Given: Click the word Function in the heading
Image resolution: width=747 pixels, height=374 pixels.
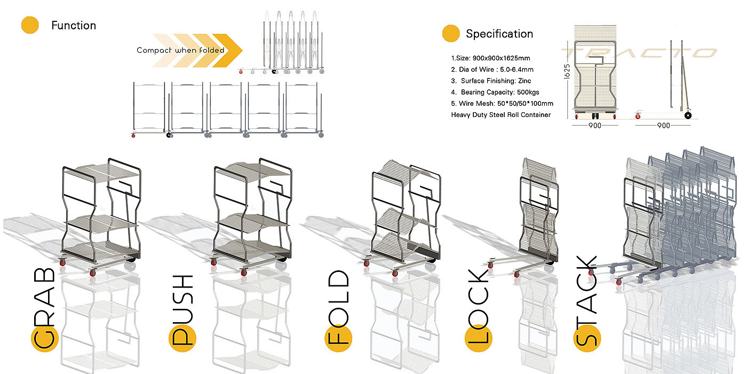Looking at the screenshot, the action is click(x=74, y=25).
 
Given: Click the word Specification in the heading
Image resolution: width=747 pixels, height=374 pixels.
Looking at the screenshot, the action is click(x=499, y=34).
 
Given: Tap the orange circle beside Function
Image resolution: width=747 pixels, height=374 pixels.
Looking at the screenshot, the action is click(x=30, y=25).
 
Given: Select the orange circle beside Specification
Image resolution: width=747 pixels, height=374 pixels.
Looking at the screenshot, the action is click(x=451, y=34).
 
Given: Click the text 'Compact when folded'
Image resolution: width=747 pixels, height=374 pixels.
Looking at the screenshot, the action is click(x=180, y=50).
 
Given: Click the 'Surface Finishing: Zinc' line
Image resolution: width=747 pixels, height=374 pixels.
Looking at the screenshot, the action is click(x=488, y=81).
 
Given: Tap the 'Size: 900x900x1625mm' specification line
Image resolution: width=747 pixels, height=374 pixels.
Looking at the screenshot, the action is click(x=490, y=58).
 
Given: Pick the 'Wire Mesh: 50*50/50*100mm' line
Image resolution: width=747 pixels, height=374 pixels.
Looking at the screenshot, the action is click(x=502, y=103).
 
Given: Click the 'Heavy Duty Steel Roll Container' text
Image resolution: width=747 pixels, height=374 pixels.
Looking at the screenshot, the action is click(x=501, y=114).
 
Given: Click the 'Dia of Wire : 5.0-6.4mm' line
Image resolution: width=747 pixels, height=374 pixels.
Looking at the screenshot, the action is click(x=492, y=69).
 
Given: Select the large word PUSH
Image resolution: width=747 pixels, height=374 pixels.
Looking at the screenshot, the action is click(x=182, y=310).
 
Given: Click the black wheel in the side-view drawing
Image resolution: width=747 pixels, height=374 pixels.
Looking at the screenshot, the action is click(x=688, y=115).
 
